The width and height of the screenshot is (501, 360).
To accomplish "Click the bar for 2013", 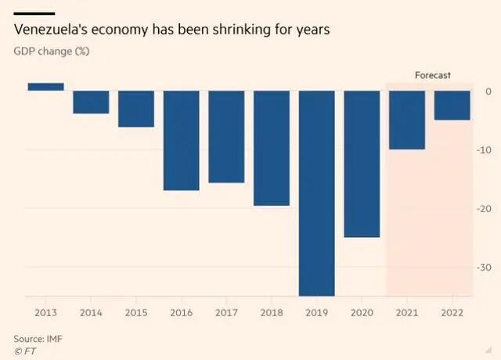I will pyautogui.click(x=45, y=87).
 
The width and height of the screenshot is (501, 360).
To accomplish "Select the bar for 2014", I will pyautogui.click(x=91, y=102).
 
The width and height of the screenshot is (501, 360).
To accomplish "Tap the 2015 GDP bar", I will pyautogui.click(x=136, y=109).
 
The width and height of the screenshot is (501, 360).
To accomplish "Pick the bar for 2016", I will pyautogui.click(x=181, y=140).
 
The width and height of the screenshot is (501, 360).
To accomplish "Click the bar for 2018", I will pyautogui.click(x=272, y=148).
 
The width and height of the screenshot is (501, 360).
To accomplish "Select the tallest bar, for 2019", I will pyautogui.click(x=316, y=193).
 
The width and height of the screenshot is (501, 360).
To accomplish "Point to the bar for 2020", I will pyautogui.click(x=362, y=164).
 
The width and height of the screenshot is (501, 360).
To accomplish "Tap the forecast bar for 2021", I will pyautogui.click(x=407, y=120).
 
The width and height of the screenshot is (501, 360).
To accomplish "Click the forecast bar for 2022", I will pyautogui.click(x=452, y=105).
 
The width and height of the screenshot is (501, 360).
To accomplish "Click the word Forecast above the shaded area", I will pyautogui.click(x=433, y=75).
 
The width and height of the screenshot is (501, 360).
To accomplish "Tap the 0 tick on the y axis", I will pyautogui.click(x=488, y=92).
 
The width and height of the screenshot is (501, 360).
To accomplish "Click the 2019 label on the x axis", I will pyautogui.click(x=316, y=312).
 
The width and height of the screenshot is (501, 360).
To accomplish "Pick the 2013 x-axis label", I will pyautogui.click(x=45, y=312).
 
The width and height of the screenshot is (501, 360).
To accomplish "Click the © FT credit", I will pyautogui.click(x=25, y=351).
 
